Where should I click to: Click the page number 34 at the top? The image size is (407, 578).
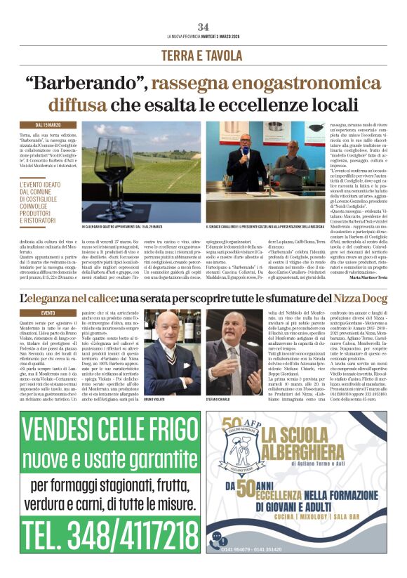pyautogui.click(x=203, y=27)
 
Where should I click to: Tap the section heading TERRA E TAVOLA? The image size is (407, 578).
pyautogui.click(x=203, y=55)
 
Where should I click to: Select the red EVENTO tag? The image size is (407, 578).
pyautogui.click(x=48, y=313)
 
